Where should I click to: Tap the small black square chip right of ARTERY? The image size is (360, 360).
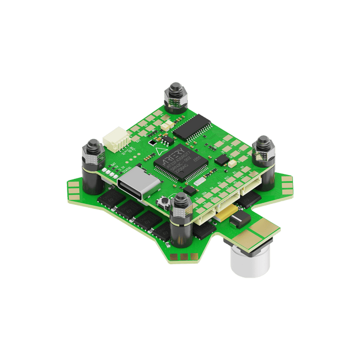pos(222,160)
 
